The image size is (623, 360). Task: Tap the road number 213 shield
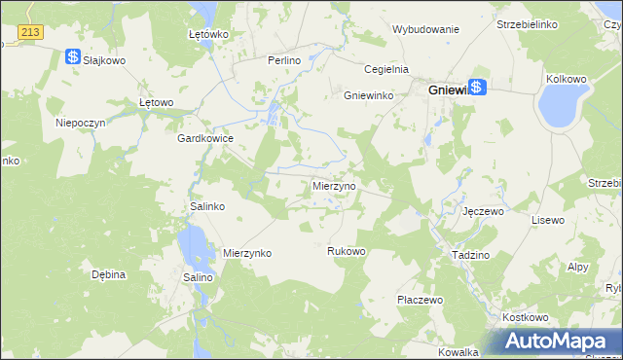tap(30, 33)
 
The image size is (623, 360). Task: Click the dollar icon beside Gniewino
tap(476, 87)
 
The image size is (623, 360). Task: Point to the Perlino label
tap(286, 60)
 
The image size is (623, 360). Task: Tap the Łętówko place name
tap(207, 34)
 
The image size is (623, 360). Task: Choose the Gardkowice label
tap(204, 138)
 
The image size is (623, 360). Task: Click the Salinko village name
tap(206, 207)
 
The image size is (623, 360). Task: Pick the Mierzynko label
tap(247, 253)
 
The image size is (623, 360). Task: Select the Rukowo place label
tap(346, 251)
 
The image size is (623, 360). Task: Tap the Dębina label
tap(109, 274)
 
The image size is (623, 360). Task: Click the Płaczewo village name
tap(421, 300)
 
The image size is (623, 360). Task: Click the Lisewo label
tap(547, 220)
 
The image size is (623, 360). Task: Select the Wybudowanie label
tap(425, 29)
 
